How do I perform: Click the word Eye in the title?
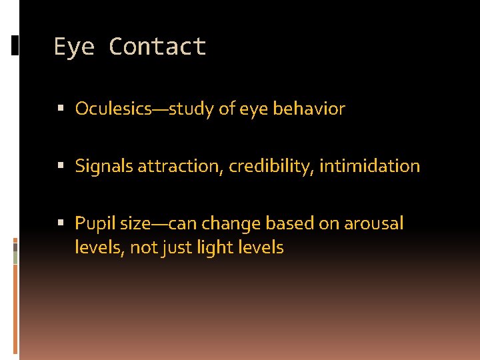point(75,47)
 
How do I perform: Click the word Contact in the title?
point(157,47)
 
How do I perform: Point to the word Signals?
point(104,166)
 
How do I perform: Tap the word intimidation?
point(369,166)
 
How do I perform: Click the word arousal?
point(373,223)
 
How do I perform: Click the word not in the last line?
point(143,248)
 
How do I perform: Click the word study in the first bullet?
point(189,109)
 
